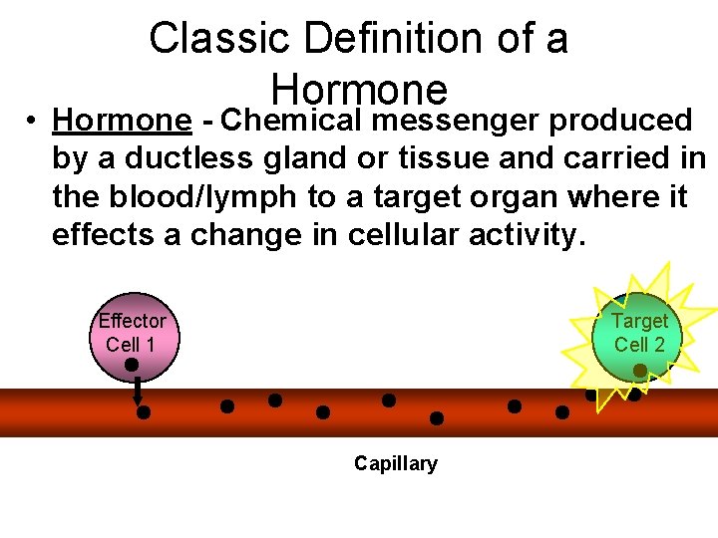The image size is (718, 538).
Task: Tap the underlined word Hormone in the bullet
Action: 122,121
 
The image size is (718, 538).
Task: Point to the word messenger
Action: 457,121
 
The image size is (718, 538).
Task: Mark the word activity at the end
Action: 528,235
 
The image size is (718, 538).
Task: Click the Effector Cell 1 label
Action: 132,332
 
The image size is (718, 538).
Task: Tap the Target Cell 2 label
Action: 639,333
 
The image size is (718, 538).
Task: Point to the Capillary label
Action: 395,463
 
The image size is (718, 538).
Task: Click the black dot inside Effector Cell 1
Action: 132,365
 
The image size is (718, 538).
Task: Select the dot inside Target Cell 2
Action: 639,371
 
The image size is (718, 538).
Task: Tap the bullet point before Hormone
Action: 33,122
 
